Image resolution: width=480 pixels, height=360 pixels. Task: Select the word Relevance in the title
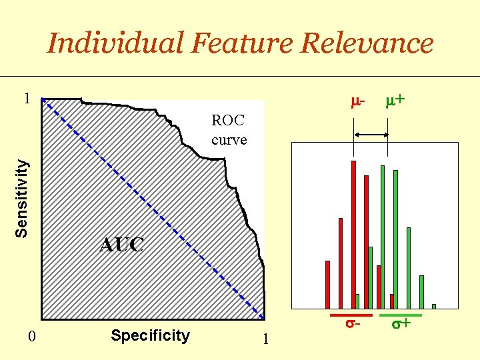tap(367, 44)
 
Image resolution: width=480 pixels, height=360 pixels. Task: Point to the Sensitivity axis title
tap(23, 197)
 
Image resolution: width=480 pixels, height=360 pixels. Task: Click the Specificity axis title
tap(150, 335)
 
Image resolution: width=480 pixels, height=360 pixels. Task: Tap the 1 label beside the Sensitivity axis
tap(26, 99)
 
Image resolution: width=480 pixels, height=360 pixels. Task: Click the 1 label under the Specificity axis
tap(265, 339)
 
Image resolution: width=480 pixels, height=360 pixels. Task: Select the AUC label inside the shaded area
tap(121, 245)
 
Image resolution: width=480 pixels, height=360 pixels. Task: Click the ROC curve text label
tap(229, 130)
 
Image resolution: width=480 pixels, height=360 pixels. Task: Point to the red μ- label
tap(357, 101)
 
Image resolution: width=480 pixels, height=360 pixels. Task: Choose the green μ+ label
tap(395, 101)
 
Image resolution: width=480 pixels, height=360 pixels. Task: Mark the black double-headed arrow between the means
tap(371, 135)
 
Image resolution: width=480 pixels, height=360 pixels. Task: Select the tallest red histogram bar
tap(353, 233)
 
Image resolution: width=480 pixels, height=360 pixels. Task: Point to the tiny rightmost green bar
tap(433, 306)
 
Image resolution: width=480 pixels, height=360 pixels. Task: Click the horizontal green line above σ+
tap(400, 315)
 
